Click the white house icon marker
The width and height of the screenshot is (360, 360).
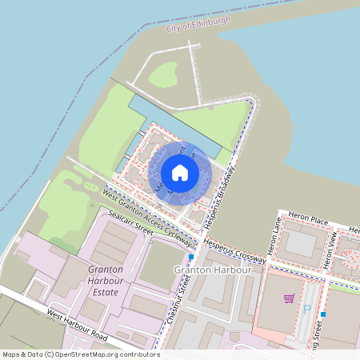[180, 172]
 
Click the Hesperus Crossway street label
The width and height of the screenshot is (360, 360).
[234, 248]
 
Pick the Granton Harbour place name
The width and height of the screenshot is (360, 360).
[213, 270]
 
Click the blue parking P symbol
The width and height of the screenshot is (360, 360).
[306, 308]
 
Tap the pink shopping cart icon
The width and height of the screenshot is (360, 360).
[288, 298]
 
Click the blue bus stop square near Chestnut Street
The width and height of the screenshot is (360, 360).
[192, 257]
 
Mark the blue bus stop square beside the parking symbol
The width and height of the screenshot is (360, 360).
[322, 314]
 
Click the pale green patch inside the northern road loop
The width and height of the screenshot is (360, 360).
[164, 74]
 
